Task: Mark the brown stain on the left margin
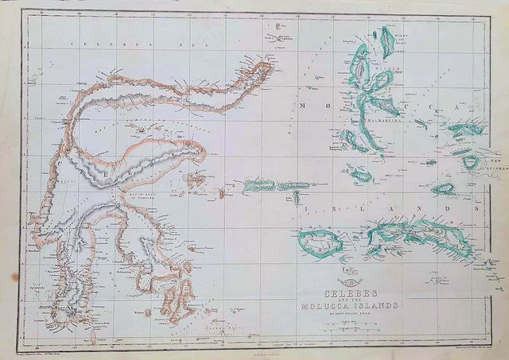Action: coord(14,277)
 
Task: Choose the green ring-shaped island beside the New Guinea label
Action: coord(471,163)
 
